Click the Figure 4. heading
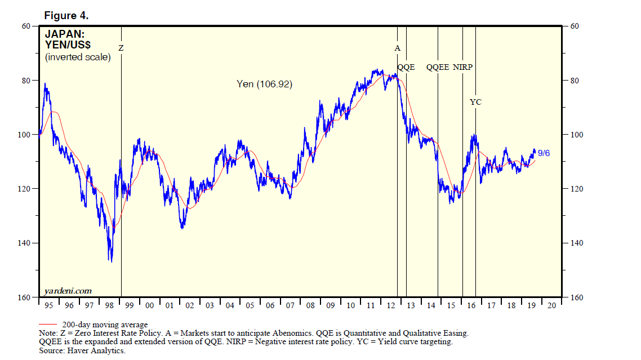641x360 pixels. point(66,16)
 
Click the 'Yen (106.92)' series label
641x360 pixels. point(264,84)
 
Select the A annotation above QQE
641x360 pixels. point(397,48)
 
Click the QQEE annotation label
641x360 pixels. point(438,67)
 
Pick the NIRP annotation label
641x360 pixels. point(462,67)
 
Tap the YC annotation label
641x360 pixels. point(475,102)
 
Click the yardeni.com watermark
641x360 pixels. point(68,291)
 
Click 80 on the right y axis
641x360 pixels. point(576,81)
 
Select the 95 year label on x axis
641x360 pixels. point(48,306)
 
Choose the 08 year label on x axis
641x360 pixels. point(310,306)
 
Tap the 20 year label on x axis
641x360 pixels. point(551,306)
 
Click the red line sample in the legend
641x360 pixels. point(47,325)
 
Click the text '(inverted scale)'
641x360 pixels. point(78,57)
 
